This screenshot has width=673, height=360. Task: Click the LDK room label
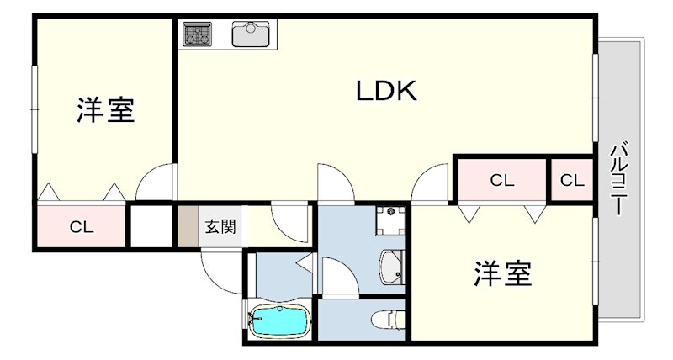click(x=386, y=91)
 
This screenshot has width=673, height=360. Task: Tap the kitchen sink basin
click(x=250, y=34)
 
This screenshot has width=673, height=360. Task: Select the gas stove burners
click(x=198, y=34)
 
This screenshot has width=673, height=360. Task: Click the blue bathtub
click(x=279, y=321)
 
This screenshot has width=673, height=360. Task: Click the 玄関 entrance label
click(x=220, y=226)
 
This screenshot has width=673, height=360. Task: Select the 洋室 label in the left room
click(x=106, y=110)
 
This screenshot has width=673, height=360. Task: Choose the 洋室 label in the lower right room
click(x=503, y=273)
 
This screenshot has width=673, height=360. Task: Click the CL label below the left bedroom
click(x=82, y=227)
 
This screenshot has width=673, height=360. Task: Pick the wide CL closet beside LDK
click(x=502, y=180)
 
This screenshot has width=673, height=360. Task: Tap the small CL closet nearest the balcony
click(x=572, y=180)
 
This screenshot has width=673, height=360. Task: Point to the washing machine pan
click(x=390, y=220)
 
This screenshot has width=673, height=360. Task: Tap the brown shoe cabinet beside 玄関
click(x=188, y=226)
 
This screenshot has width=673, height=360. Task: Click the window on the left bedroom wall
click(x=34, y=109)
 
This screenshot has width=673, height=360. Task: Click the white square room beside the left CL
click(x=151, y=226)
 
